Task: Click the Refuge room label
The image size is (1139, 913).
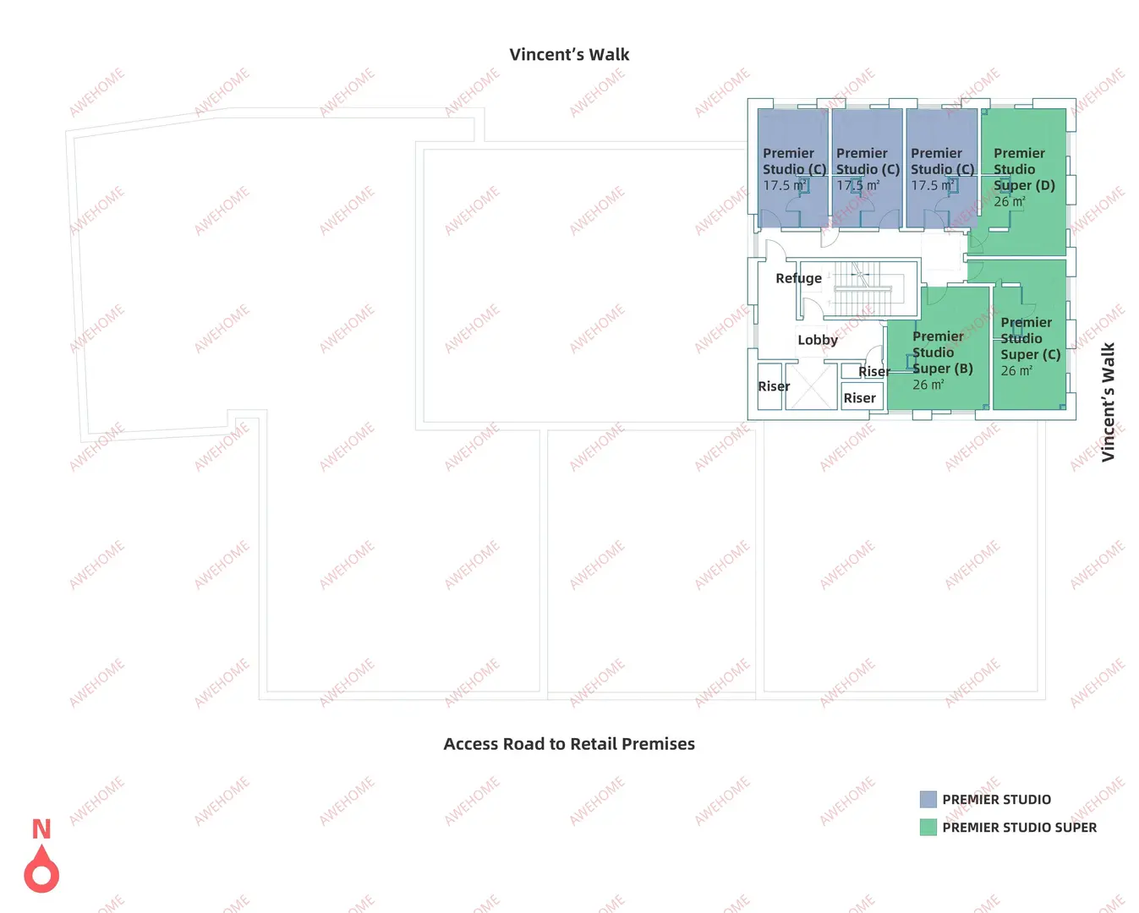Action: click(x=798, y=278)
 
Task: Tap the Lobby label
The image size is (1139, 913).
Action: click(x=817, y=340)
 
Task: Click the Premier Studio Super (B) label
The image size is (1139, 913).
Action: click(x=942, y=353)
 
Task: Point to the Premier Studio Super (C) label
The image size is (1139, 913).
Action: click(x=1030, y=339)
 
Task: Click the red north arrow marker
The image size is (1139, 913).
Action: click(x=41, y=868)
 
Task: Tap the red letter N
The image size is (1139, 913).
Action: click(x=41, y=828)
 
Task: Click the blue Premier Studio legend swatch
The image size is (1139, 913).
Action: click(x=928, y=799)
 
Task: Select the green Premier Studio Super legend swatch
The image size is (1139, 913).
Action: click(x=928, y=828)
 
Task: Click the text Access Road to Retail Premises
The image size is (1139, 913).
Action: click(x=569, y=744)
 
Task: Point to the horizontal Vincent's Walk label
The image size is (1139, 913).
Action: click(x=569, y=54)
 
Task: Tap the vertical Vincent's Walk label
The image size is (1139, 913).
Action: click(x=1108, y=402)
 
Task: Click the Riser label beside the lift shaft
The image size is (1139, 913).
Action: click(x=773, y=386)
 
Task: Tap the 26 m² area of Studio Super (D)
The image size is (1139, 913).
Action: click(x=1009, y=202)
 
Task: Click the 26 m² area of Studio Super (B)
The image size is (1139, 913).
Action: click(x=928, y=385)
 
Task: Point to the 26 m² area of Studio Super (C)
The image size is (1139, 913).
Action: click(x=1016, y=371)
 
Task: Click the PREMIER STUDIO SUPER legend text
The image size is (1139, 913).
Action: click(x=1020, y=828)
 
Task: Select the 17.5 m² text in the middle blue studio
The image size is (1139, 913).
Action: click(x=857, y=186)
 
